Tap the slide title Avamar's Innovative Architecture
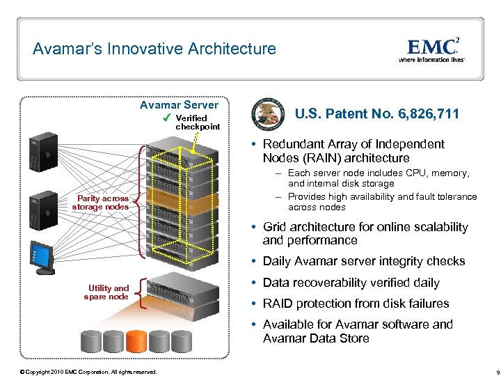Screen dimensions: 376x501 pyautogui.click(x=154, y=49)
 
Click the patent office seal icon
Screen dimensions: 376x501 pyautogui.click(x=268, y=113)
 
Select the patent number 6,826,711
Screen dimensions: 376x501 pyautogui.click(x=378, y=113)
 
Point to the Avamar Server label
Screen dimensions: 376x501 pyautogui.click(x=179, y=104)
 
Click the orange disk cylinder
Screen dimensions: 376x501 pyautogui.click(x=136, y=341)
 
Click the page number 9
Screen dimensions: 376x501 pyautogui.click(x=490, y=372)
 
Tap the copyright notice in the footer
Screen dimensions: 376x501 pyautogui.click(x=88, y=372)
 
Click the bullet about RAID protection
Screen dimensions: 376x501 pyautogui.click(x=356, y=304)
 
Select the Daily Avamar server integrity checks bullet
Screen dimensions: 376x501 pyautogui.click(x=363, y=261)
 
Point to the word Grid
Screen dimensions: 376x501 pyautogui.click(x=275, y=227)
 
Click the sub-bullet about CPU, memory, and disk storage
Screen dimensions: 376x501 pyautogui.click(x=379, y=178)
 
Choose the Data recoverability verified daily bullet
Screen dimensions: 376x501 pyautogui.click(x=351, y=283)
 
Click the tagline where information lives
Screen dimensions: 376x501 pyautogui.click(x=431, y=60)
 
